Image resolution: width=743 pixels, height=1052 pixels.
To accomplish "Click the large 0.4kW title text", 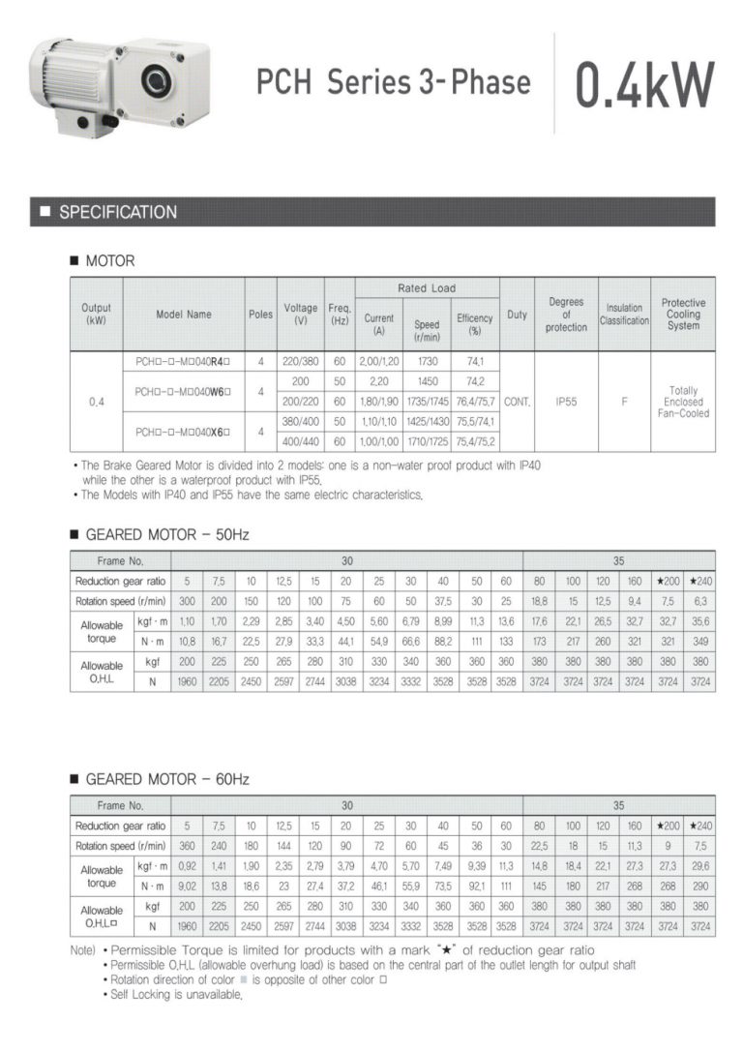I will pyautogui.click(x=644, y=84).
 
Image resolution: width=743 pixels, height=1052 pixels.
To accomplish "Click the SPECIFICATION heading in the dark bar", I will pyautogui.click(x=118, y=212).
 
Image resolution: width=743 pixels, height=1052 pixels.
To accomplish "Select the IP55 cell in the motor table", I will pyautogui.click(x=566, y=402).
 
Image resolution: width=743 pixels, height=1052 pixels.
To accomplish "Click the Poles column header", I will pyautogui.click(x=259, y=315).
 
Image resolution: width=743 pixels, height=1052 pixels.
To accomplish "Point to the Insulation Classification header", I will pyautogui.click(x=624, y=315).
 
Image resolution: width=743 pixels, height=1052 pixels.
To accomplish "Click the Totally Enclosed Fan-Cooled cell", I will pyautogui.click(x=683, y=402).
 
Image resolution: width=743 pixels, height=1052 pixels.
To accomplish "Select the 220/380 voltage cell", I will pyautogui.click(x=300, y=361).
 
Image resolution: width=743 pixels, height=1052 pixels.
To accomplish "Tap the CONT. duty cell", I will pyautogui.click(x=517, y=402).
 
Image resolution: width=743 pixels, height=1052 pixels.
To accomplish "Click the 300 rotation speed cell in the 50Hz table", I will pyautogui.click(x=187, y=601).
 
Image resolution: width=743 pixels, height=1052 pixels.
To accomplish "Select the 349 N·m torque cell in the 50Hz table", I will pyautogui.click(x=699, y=642).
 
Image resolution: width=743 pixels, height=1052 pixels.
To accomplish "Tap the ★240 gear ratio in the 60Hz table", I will pyautogui.click(x=699, y=826).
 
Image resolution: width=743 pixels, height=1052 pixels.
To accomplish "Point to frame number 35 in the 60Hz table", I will pyautogui.click(x=618, y=804).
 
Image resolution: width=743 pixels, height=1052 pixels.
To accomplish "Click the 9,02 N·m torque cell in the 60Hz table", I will pyautogui.click(x=187, y=886).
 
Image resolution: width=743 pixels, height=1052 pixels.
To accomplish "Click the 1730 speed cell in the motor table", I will pyautogui.click(x=427, y=361).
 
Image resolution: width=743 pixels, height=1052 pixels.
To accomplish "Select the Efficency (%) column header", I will pyautogui.click(x=475, y=323).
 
